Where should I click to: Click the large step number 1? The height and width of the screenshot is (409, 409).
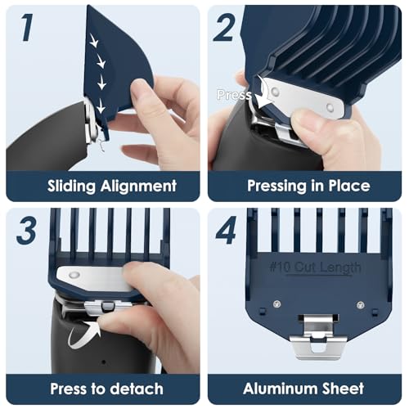[x=27, y=28]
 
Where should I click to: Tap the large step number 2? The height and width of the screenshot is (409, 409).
[x=224, y=28]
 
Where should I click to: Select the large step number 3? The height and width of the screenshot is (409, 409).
[x=26, y=231]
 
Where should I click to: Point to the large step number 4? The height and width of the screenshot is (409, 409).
[x=226, y=231]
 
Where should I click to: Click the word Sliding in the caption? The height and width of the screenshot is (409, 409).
[x=71, y=187]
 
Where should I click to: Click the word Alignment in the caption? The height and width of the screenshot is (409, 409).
[x=138, y=187]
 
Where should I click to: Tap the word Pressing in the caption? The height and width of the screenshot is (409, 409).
[x=276, y=187]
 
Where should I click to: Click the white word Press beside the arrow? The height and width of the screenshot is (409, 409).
[x=234, y=95]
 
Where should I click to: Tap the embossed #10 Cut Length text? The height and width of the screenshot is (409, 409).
[x=315, y=267]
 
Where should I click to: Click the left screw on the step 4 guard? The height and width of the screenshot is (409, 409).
[x=276, y=303]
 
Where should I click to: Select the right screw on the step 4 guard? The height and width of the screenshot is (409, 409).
[x=361, y=304]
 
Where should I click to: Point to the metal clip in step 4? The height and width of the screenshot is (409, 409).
[x=318, y=337]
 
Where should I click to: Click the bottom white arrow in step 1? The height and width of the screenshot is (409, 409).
[x=101, y=106]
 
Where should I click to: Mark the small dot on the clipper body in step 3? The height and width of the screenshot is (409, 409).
[x=104, y=362]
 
